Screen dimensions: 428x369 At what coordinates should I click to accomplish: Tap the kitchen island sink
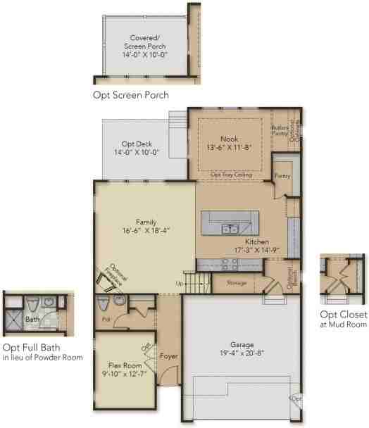pos(230,229)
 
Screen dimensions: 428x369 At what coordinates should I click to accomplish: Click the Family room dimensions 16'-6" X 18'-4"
pos(146,229)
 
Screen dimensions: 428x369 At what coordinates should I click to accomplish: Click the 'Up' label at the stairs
pos(180,284)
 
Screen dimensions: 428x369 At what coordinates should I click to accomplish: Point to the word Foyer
pos(168,356)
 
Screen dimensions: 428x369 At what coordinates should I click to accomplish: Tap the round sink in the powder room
pos(120,302)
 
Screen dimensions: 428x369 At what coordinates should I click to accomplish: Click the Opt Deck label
pos(136,142)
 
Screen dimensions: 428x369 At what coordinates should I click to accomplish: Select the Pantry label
pos(282,177)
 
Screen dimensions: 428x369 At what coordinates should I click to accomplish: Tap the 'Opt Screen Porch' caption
pos(130,94)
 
